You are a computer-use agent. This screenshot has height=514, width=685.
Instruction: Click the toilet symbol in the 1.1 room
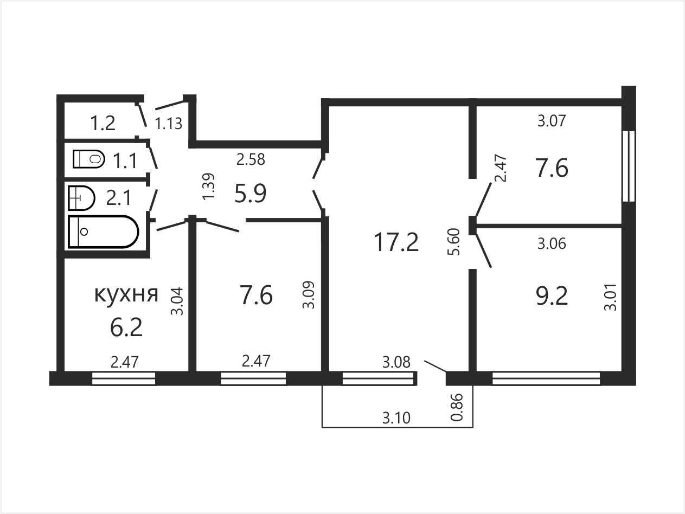(88, 159)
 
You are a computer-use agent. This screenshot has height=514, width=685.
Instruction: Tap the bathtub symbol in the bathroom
(103, 232)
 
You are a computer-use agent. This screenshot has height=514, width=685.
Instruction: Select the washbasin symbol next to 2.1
(81, 198)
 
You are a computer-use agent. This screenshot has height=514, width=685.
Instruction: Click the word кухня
(126, 294)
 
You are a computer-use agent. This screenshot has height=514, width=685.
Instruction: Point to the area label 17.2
(396, 242)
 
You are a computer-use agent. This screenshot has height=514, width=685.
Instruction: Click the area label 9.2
(552, 296)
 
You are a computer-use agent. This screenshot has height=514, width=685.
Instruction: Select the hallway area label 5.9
(250, 193)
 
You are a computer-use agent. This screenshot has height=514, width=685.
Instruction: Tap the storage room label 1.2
(103, 123)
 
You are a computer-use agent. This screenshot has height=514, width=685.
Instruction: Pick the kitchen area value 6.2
(126, 327)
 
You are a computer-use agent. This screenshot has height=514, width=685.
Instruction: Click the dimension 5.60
(453, 242)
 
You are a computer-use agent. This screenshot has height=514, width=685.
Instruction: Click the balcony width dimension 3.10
(396, 418)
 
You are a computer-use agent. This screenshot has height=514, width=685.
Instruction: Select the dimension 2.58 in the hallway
(251, 159)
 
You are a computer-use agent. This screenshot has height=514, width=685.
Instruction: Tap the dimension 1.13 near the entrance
(169, 124)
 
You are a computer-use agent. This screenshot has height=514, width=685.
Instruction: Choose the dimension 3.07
(552, 121)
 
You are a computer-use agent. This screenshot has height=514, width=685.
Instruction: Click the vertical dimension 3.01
(610, 297)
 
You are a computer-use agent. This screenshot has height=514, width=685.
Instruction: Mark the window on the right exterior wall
(628, 166)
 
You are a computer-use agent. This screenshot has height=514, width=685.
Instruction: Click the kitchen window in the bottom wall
(124, 378)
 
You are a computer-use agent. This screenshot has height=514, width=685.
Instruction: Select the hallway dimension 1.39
(208, 186)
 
